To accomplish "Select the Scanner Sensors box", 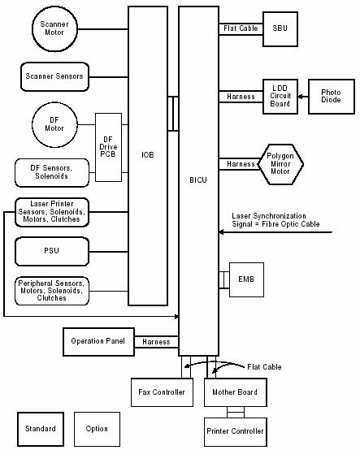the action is pyautogui.click(x=54, y=76).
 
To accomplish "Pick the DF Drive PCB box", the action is pyautogui.click(x=108, y=147).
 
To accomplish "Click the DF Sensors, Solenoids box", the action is pyautogui.click(x=52, y=172).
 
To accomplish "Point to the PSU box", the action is pyautogui.click(x=52, y=252).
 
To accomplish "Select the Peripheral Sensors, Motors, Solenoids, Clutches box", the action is pyautogui.click(x=52, y=291).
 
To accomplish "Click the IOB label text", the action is pyautogui.click(x=148, y=155).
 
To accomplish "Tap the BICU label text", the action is pyautogui.click(x=198, y=180).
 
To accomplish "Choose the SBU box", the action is pyautogui.click(x=280, y=29).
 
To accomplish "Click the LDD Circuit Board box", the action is pyautogui.click(x=280, y=97).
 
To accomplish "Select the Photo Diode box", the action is pyautogui.click(x=332, y=97).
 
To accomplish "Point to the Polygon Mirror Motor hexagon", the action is pyautogui.click(x=280, y=164).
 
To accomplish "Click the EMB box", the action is pyautogui.click(x=246, y=279).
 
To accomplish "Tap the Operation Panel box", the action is pyautogui.click(x=99, y=342).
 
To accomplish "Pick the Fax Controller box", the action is pyautogui.click(x=162, y=392).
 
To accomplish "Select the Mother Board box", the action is pyautogui.click(x=236, y=392).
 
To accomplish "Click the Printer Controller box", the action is pyautogui.click(x=236, y=432).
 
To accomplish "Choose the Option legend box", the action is pyautogui.click(x=97, y=429).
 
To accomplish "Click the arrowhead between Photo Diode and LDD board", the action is pyautogui.click(x=301, y=97).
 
